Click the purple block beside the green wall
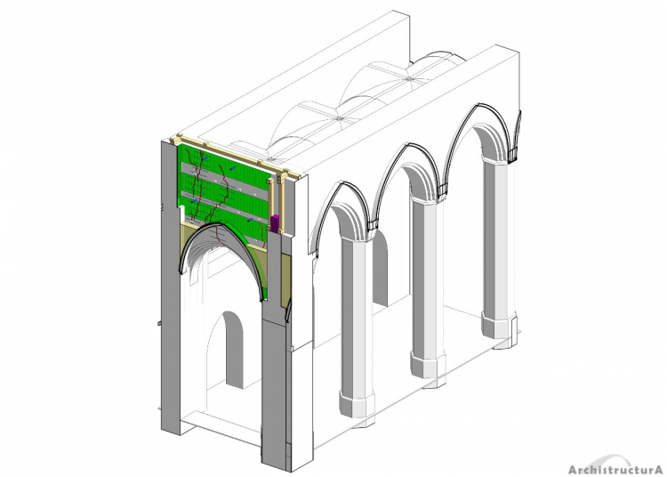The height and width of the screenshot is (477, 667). (x=275, y=224)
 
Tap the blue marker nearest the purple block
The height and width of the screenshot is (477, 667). (x=250, y=220)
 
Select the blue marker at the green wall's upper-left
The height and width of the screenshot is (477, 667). (x=205, y=158)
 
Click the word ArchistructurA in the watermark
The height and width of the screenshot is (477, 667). (x=615, y=469)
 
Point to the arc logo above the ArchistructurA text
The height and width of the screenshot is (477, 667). (x=612, y=457)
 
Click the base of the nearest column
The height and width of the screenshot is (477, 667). (x=357, y=403)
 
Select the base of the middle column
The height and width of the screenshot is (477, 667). (x=428, y=363)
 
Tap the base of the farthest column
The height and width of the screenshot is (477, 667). (x=499, y=324)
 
